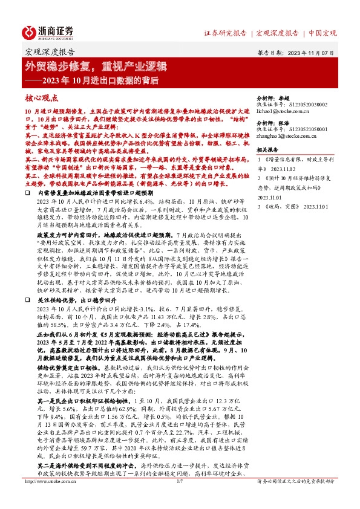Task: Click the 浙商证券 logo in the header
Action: tap(48, 32)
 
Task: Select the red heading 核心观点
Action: tap(42, 97)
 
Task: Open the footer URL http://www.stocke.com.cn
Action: tap(48, 499)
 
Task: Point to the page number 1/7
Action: tap(179, 499)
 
